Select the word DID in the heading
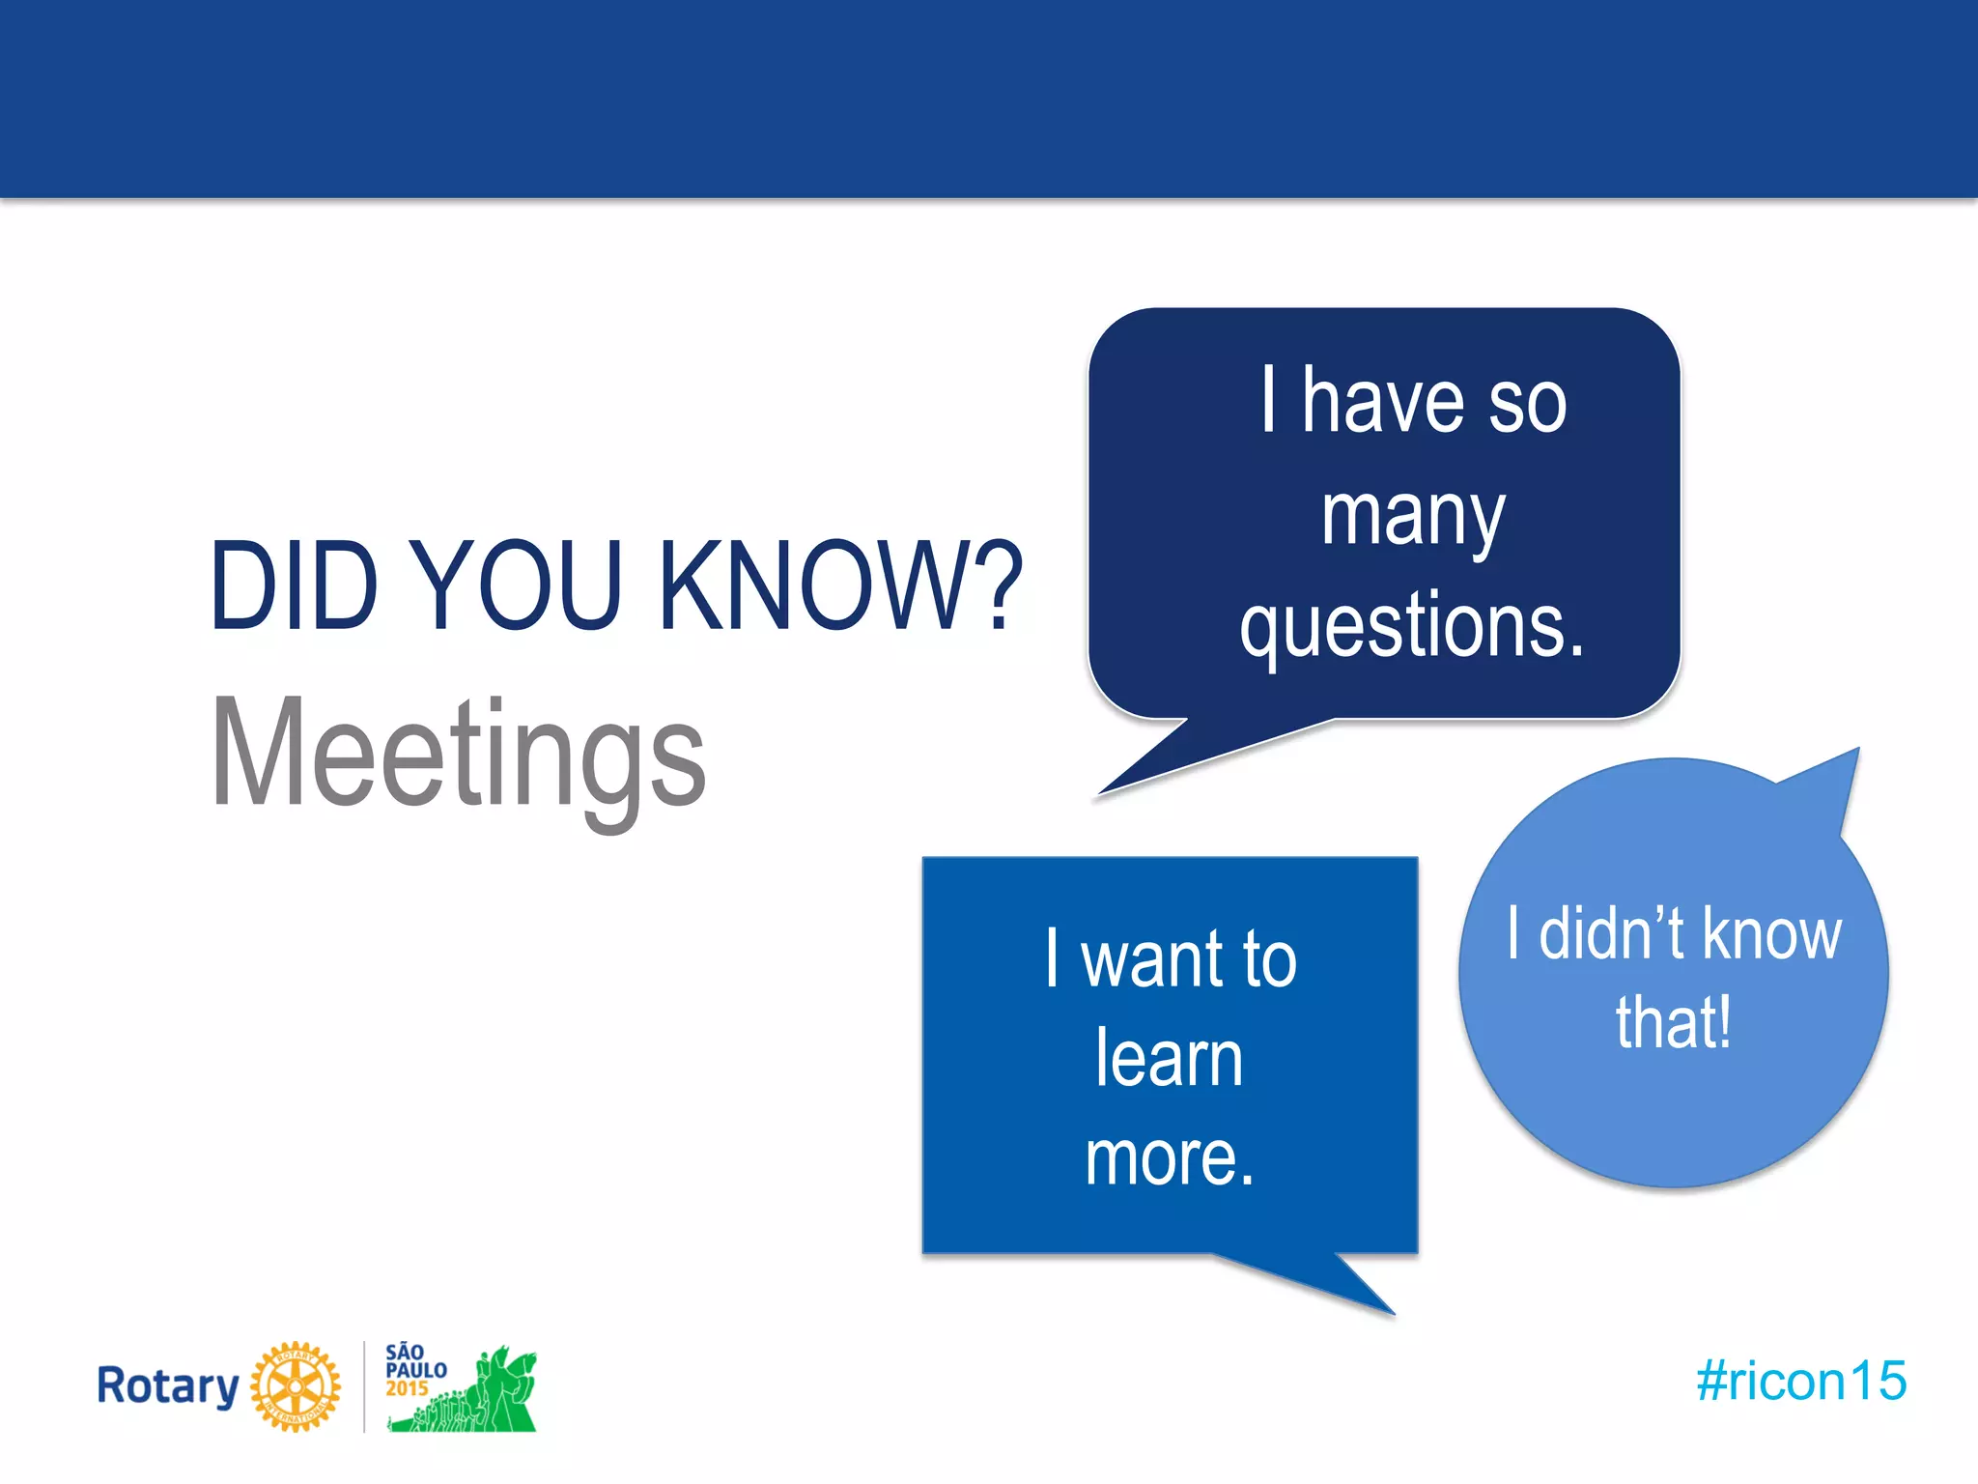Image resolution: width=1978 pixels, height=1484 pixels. pyautogui.click(x=293, y=585)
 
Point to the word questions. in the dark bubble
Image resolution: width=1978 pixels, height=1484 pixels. pyautogui.click(x=1412, y=626)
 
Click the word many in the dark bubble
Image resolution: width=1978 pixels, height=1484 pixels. pyautogui.click(x=1412, y=516)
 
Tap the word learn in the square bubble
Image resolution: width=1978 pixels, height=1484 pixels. pyautogui.click(x=1169, y=1059)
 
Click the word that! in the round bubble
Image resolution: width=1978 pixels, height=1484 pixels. pyautogui.click(x=1674, y=1022)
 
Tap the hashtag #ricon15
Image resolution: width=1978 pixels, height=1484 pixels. pyautogui.click(x=1801, y=1381)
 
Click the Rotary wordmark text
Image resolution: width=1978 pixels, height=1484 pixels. pyautogui.click(x=168, y=1386)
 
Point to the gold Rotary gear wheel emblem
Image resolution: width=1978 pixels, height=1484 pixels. pyautogui.click(x=296, y=1386)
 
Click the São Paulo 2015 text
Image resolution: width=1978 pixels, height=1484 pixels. pyautogui.click(x=415, y=1369)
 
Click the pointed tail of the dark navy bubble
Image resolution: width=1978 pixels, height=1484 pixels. pyautogui.click(x=1149, y=763)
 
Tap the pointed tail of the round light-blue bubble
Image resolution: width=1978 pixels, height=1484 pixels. pyautogui.click(x=1830, y=783)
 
